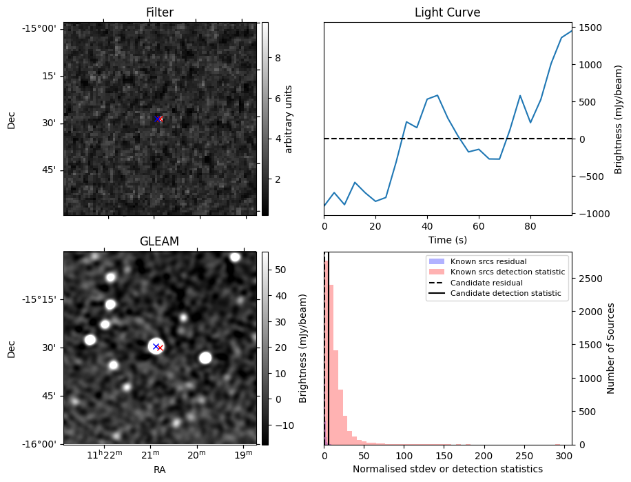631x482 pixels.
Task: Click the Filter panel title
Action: [x=160, y=12]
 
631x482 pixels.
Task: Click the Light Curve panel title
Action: [x=447, y=12]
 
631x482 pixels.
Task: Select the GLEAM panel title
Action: [x=160, y=241]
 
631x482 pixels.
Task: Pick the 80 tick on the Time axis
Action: [x=530, y=225]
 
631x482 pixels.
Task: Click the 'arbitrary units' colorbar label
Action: [x=289, y=119]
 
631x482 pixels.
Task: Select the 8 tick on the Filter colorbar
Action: [x=277, y=58]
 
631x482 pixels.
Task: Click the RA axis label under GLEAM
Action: [x=160, y=470]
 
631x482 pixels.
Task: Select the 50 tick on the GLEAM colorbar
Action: [x=280, y=270]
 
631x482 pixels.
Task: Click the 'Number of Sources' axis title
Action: [x=611, y=348]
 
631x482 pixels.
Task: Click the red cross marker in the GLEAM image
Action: [x=161, y=348]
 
